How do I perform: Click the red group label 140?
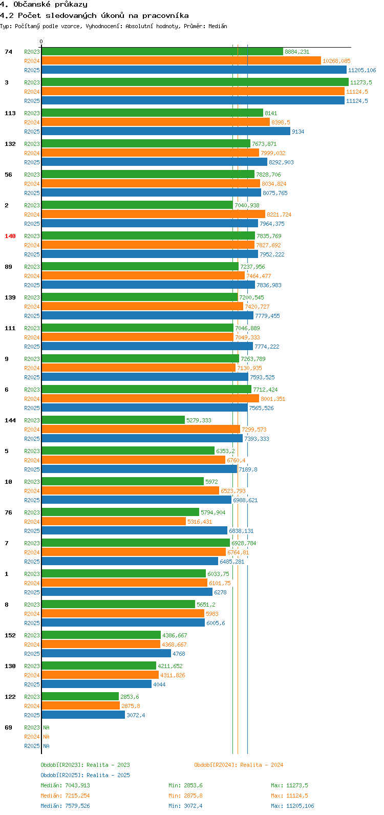click(x=10, y=236)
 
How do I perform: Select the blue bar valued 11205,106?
click(x=194, y=70)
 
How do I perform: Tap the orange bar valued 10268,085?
click(x=181, y=61)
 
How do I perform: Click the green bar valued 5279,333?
click(x=113, y=420)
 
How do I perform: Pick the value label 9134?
click(x=298, y=132)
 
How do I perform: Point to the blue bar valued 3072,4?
click(x=83, y=715)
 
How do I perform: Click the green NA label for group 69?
click(x=46, y=727)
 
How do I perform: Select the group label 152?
click(x=10, y=635)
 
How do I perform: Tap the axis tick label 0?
click(x=41, y=42)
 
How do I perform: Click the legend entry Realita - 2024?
click(x=239, y=765)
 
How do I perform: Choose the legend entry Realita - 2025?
click(x=86, y=775)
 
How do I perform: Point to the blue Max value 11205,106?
click(x=292, y=806)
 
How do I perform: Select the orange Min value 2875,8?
click(x=185, y=796)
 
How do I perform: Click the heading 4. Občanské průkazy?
click(x=44, y=5)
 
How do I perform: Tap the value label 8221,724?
click(x=279, y=215)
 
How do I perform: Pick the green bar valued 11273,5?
click(x=195, y=82)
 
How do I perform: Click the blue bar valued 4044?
click(x=96, y=684)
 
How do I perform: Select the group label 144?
click(x=10, y=420)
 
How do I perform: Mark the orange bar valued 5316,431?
click(x=114, y=522)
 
